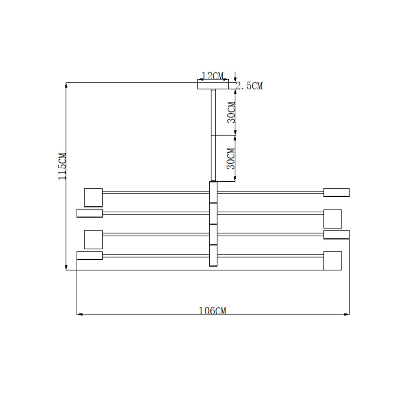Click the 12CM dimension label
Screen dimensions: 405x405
tap(213, 76)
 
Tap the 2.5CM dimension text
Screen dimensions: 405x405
tap(249, 86)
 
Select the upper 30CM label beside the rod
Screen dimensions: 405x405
tap(231, 112)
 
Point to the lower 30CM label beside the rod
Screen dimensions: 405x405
tap(231, 159)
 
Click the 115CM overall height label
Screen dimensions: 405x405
tap(62, 166)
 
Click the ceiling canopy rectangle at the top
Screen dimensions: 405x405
tap(213, 84)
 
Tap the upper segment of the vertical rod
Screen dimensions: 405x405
tap(213, 112)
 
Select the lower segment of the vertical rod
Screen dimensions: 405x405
tap(213, 158)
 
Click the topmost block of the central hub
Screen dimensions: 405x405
tap(213, 192)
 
